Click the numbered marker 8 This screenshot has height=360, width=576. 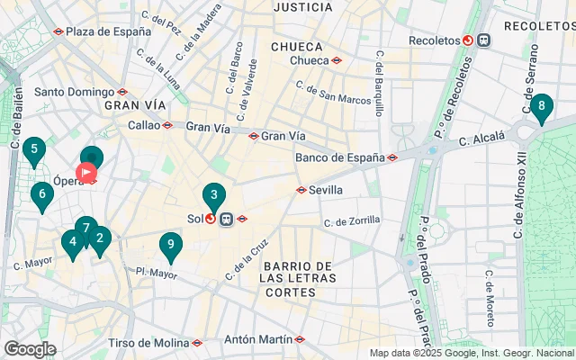click(541, 108)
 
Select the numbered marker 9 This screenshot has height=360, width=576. click(170, 245)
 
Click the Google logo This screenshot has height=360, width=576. click(30, 348)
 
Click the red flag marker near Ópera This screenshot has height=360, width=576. click(87, 171)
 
